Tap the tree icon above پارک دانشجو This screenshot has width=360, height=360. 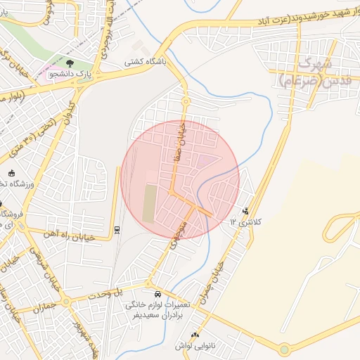coord(69,62)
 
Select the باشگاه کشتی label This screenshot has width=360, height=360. coord(146,62)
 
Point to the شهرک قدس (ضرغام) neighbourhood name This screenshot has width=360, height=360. coord(309,72)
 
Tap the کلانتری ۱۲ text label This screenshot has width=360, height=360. coord(245,222)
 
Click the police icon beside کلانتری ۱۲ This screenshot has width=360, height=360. coord(245,210)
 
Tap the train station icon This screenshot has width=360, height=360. coord(117,229)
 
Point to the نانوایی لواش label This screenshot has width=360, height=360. coord(195,347)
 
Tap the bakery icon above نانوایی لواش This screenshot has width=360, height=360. coord(195,335)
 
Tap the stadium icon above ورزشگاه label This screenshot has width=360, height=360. coord(11,173)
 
